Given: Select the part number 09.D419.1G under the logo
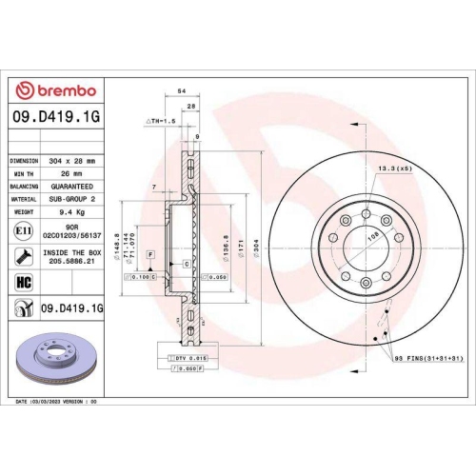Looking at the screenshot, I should point(57,118).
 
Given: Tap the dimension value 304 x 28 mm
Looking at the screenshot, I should point(72,161).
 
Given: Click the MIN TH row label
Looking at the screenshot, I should point(24,173).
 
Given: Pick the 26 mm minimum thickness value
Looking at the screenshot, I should point(71,173).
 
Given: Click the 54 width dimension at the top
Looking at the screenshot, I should point(180,89).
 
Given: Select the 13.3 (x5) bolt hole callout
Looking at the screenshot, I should point(393,168).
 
